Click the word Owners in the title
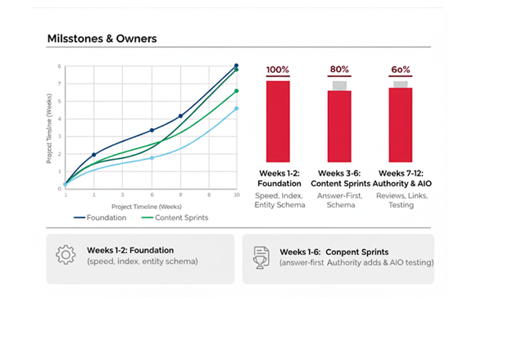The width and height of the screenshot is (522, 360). [x=135, y=39]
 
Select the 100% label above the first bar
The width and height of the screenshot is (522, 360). [x=277, y=70]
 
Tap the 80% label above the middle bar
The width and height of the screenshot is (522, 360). [x=339, y=70]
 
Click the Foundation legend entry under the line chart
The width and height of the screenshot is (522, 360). [x=100, y=217]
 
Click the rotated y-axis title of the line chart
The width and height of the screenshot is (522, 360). [x=51, y=127]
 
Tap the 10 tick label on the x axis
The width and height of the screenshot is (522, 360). [x=236, y=195]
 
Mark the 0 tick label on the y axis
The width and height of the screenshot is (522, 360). [x=59, y=188]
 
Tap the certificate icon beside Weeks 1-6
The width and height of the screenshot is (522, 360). [x=261, y=256]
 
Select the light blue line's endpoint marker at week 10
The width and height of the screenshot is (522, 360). [x=236, y=108]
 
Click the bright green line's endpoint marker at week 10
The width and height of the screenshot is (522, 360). [x=236, y=91]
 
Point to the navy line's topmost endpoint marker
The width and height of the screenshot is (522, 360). [x=236, y=66]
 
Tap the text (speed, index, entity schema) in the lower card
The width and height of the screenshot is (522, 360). [x=142, y=262]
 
